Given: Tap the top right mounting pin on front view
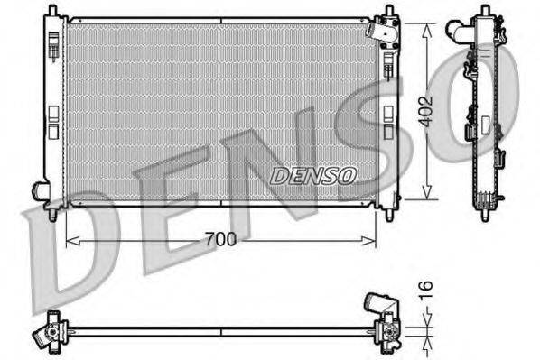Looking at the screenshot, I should coord(388,12).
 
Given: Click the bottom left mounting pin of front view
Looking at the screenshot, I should coord(52,215).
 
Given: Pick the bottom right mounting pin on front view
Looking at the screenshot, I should coord(388,215).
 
